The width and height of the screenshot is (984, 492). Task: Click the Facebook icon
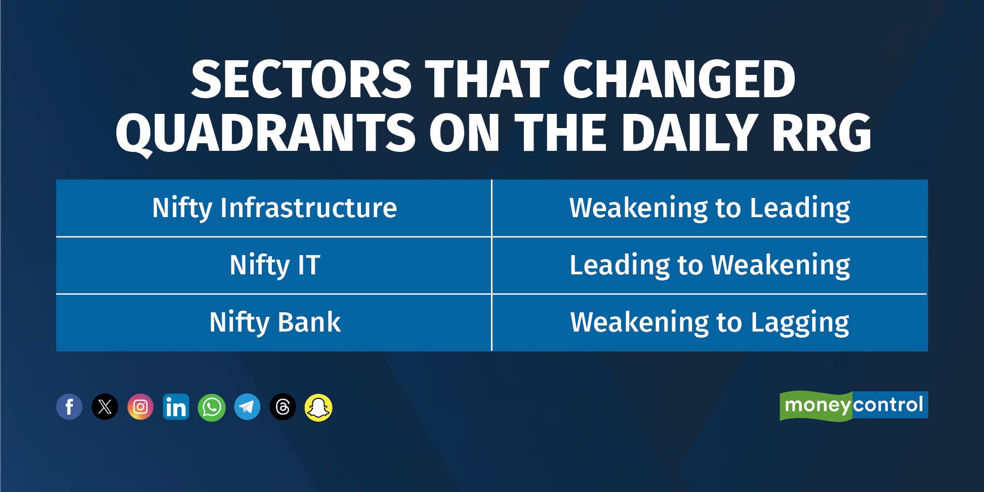(69, 407)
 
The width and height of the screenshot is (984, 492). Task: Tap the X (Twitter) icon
(105, 407)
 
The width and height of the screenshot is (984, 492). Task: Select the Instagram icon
(140, 407)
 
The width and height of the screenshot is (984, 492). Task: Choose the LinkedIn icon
(176, 407)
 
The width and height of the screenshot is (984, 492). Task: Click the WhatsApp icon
(212, 407)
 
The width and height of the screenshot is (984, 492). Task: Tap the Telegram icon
(248, 407)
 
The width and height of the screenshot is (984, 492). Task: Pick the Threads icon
(283, 407)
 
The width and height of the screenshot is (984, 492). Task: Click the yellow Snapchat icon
(318, 407)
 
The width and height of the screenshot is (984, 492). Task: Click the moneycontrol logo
(853, 405)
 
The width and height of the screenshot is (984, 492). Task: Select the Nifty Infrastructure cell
(274, 208)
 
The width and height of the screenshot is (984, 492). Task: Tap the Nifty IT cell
(274, 265)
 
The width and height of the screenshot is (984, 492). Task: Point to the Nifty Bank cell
(274, 322)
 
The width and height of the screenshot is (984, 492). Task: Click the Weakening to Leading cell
(710, 208)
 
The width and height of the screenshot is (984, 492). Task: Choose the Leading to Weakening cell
(710, 265)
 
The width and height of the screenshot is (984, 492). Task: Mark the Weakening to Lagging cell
(710, 322)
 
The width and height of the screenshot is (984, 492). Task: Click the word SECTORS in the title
(301, 79)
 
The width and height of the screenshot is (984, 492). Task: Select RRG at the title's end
(821, 133)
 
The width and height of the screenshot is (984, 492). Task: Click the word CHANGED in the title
(678, 79)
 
